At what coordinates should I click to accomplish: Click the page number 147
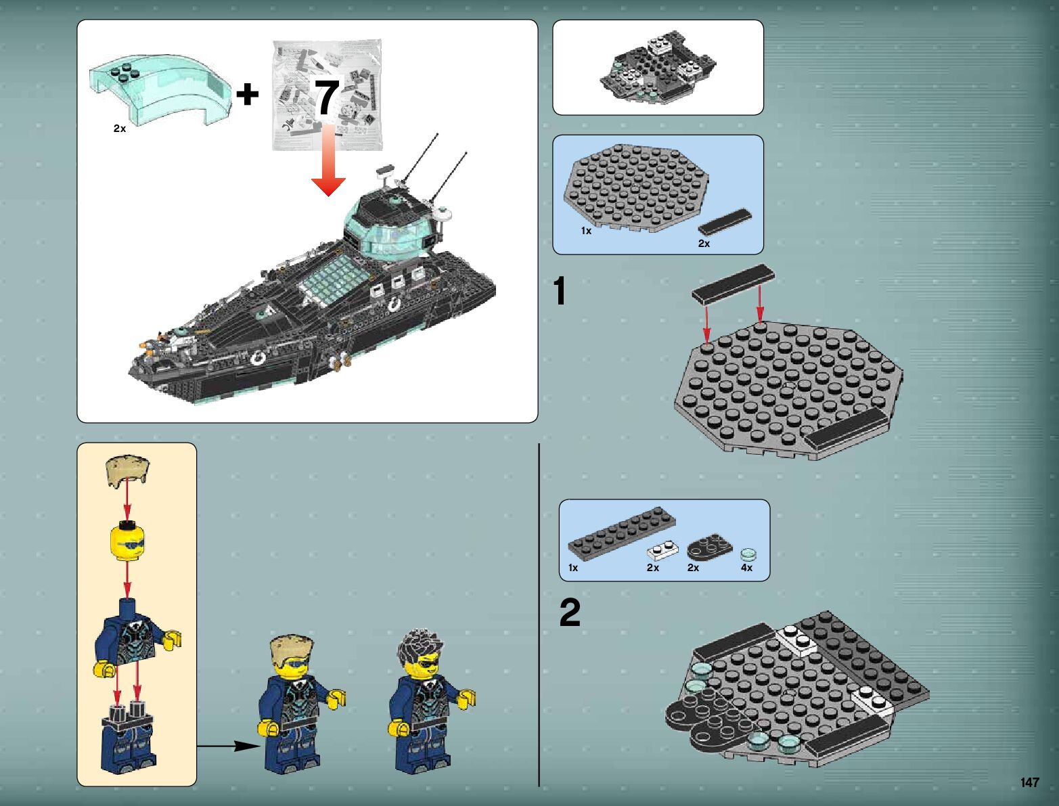click(1029, 782)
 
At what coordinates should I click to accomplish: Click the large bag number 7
click(327, 97)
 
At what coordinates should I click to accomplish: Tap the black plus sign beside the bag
click(248, 93)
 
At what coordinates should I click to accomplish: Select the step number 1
click(560, 291)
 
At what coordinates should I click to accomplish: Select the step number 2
click(570, 612)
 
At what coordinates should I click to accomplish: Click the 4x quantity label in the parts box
click(746, 568)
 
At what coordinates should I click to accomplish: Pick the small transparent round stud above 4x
click(748, 555)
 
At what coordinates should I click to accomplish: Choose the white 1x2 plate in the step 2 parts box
click(663, 550)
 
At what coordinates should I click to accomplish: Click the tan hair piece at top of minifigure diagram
click(127, 470)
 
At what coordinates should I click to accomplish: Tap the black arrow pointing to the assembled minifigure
click(229, 746)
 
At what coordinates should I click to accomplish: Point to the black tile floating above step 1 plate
click(733, 284)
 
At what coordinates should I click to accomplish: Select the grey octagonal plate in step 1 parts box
click(636, 188)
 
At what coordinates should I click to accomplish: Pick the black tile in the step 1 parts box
click(725, 223)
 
